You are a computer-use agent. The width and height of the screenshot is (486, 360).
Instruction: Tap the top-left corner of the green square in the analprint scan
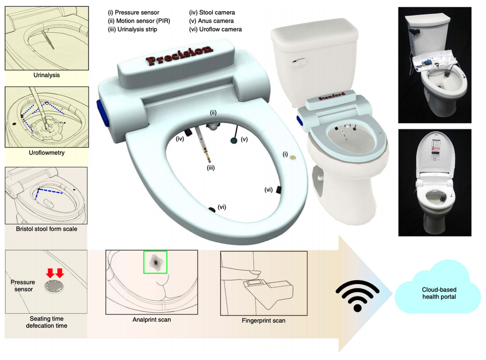(x=144, y=251)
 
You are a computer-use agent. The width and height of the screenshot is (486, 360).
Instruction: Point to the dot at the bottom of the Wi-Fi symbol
(x=358, y=308)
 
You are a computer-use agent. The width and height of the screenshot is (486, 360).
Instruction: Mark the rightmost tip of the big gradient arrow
(x=393, y=294)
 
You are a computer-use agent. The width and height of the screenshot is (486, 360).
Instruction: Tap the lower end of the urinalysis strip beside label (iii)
(x=210, y=162)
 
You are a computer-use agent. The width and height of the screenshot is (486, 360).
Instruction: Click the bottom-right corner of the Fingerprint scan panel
(x=307, y=316)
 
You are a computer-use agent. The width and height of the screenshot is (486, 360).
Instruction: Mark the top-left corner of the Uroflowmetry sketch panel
(x=5, y=87)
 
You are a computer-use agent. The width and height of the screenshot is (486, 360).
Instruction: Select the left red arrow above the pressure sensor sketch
(x=50, y=273)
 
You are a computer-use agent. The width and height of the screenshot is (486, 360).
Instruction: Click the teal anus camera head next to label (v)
(x=234, y=140)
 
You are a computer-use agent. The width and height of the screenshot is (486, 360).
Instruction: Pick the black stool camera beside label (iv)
(x=188, y=132)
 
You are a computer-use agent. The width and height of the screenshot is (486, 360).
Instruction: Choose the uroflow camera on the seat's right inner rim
(x=279, y=190)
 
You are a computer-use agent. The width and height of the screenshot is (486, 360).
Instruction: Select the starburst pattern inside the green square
(x=156, y=262)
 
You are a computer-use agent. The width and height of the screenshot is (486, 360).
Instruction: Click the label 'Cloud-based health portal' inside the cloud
(x=439, y=293)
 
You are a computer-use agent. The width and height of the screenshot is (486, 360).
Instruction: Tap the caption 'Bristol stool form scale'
(x=47, y=229)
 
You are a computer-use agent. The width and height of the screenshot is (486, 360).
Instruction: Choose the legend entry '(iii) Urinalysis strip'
(x=132, y=29)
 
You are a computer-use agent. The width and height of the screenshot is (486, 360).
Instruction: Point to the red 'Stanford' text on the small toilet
(x=332, y=96)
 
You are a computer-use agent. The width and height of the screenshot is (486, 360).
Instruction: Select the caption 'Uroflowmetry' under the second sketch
(x=47, y=153)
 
